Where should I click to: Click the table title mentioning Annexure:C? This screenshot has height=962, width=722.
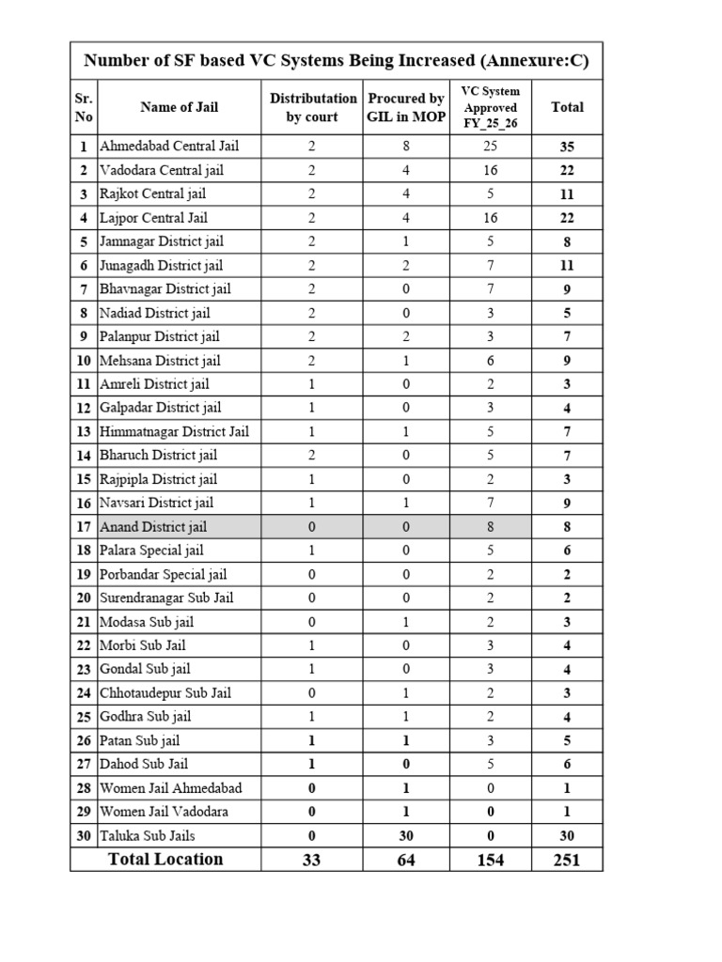tap(337, 61)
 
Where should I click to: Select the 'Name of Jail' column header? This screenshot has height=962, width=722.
tap(179, 107)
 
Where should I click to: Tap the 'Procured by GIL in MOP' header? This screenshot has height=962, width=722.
tap(406, 107)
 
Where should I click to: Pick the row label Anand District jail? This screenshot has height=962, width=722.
tap(153, 527)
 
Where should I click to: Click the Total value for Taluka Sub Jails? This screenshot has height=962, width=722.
tap(567, 835)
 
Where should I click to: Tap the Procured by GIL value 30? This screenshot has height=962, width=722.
tap(406, 835)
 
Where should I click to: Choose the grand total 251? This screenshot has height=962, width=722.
tap(567, 860)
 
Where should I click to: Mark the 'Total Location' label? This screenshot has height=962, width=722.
tap(165, 859)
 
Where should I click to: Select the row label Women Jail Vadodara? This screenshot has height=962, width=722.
tap(164, 812)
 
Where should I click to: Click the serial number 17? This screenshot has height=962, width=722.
tap(84, 527)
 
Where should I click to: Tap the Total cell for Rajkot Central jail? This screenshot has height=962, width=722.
tap(567, 194)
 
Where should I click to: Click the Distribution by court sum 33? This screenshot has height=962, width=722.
tap(312, 860)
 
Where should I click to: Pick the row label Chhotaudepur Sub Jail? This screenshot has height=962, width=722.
tap(165, 692)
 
